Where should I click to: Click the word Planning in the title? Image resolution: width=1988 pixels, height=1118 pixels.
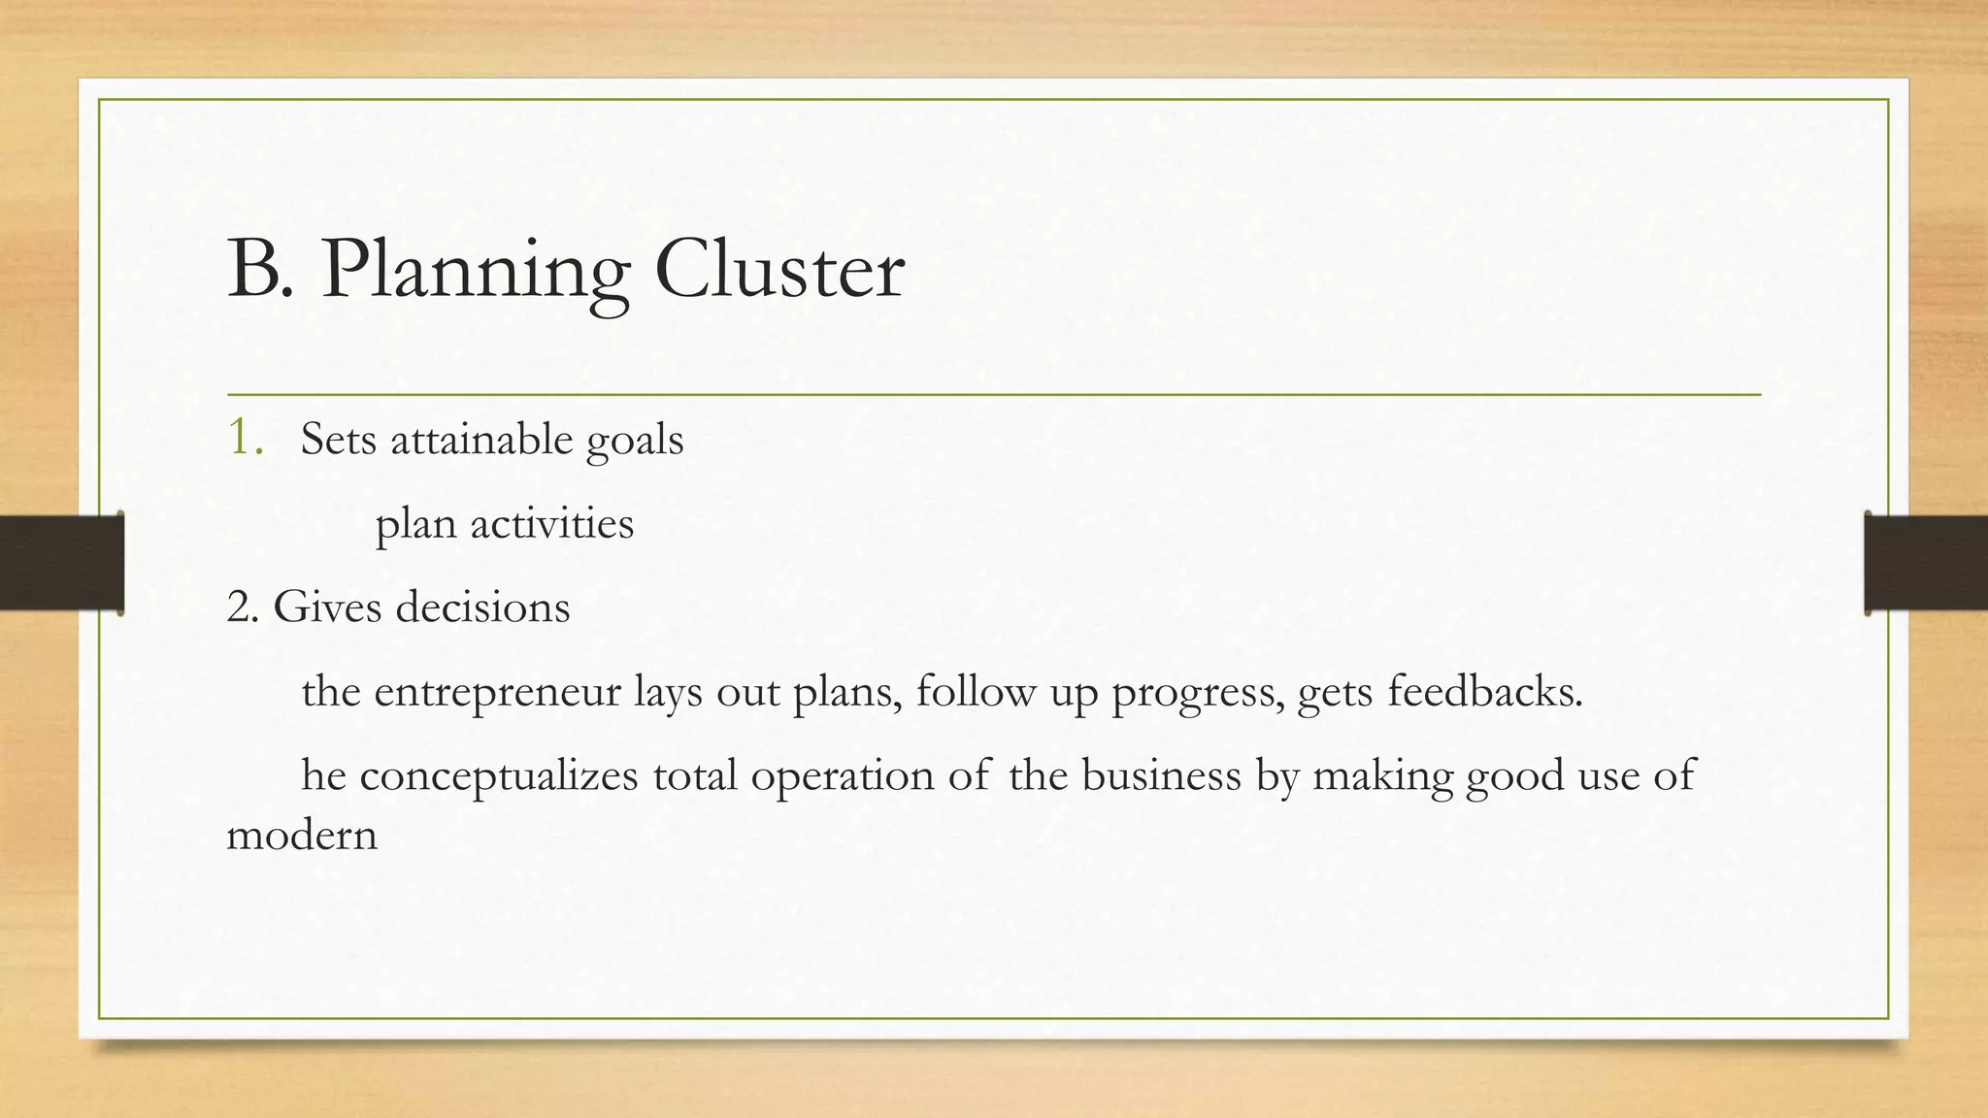click(x=476, y=272)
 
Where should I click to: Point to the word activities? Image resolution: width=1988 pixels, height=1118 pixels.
click(x=551, y=524)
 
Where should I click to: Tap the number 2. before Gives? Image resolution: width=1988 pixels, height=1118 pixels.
click(x=243, y=608)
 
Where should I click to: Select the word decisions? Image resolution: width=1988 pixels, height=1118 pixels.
click(x=482, y=608)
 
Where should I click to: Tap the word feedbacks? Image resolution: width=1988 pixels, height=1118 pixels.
click(x=1484, y=693)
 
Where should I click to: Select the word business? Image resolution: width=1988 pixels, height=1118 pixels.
click(x=1161, y=776)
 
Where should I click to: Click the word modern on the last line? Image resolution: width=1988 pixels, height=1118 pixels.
click(x=301, y=836)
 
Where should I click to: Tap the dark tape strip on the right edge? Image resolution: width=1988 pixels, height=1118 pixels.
click(x=1926, y=563)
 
